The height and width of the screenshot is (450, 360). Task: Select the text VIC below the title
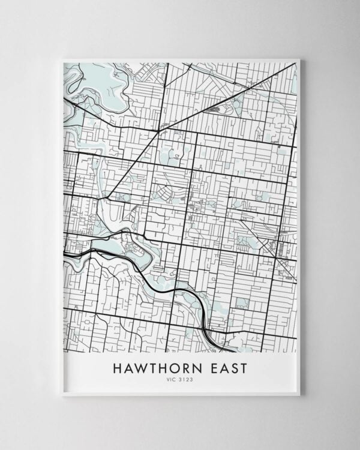[x=172, y=380]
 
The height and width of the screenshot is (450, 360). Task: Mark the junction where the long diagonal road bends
[x=158, y=128]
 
